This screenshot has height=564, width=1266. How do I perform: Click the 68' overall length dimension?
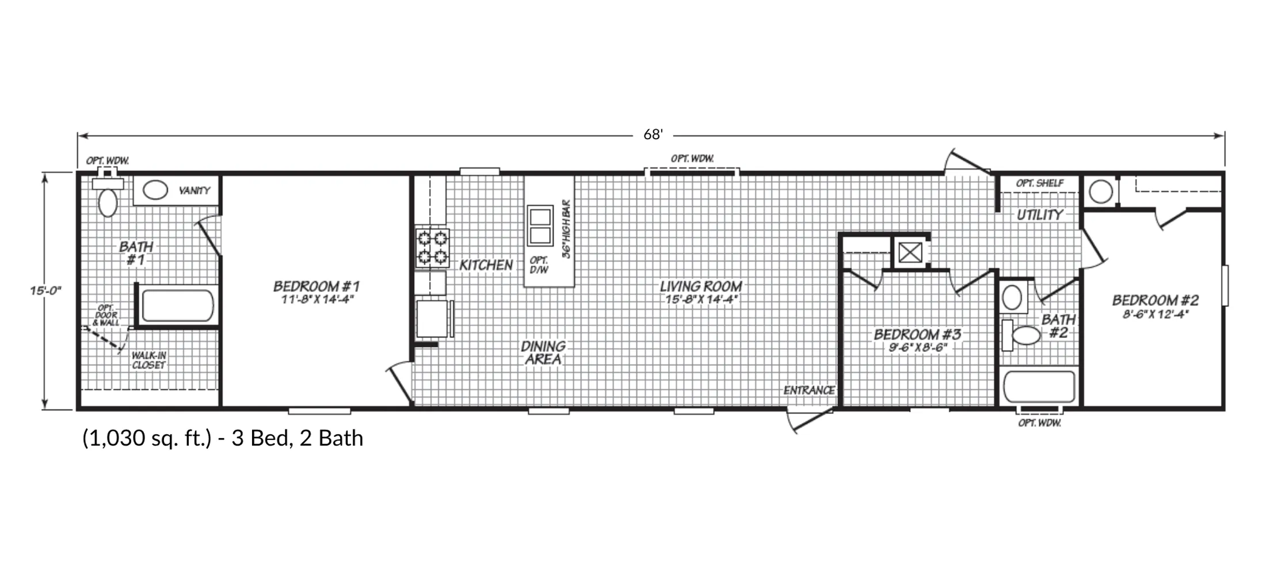pos(653,135)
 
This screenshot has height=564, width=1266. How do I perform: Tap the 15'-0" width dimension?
pos(46,290)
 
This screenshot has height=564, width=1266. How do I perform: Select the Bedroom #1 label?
pos(316,286)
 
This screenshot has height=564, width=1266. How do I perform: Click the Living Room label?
pos(701,286)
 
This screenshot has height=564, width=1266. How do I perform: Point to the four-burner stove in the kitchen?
pos(433,248)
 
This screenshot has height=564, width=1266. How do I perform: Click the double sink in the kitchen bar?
pos(540,226)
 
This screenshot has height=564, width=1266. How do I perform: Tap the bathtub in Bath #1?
pos(178,305)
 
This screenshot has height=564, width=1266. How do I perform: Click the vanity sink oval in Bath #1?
pos(155,190)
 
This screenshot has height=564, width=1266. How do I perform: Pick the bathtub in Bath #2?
pos(1039,386)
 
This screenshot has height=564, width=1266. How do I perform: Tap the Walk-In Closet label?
pos(148,360)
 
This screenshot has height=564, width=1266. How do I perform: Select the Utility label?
pos(1040,215)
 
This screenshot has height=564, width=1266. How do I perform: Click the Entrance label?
pos(809,390)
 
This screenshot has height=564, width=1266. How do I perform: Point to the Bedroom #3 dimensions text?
pos(918,347)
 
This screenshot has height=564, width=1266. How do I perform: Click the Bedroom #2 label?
pos(1156,300)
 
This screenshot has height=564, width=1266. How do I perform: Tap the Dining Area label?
pos(543,353)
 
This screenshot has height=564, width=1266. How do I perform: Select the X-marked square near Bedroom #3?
pos(910,252)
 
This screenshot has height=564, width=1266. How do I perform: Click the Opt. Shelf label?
pos(1040,183)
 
